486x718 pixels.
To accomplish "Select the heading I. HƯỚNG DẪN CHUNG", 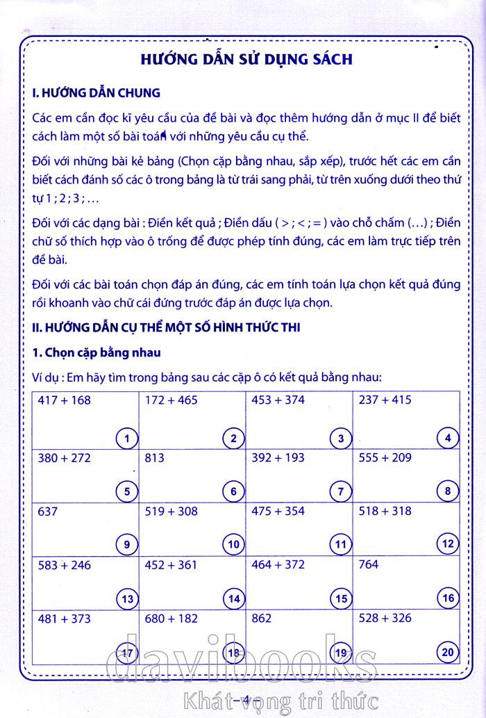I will [97, 92].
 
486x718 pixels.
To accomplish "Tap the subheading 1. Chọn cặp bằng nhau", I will [97, 352].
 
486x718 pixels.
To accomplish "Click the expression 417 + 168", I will [65, 400].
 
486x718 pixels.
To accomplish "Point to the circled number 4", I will [448, 438].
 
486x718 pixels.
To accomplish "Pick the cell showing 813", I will [156, 458].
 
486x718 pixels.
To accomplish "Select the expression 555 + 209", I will [386, 458].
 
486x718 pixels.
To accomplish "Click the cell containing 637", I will [49, 512].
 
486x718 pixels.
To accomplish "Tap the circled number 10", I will [233, 544].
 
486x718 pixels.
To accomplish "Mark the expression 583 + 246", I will [65, 565].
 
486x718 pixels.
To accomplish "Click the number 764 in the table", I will [368, 565].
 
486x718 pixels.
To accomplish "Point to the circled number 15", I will [341, 598].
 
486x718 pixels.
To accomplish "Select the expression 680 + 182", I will [171, 618].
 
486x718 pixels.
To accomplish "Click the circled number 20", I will [448, 651].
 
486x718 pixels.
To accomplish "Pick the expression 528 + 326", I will [386, 618].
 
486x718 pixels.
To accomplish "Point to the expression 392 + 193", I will [278, 458].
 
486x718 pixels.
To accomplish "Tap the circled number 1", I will [126, 438].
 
